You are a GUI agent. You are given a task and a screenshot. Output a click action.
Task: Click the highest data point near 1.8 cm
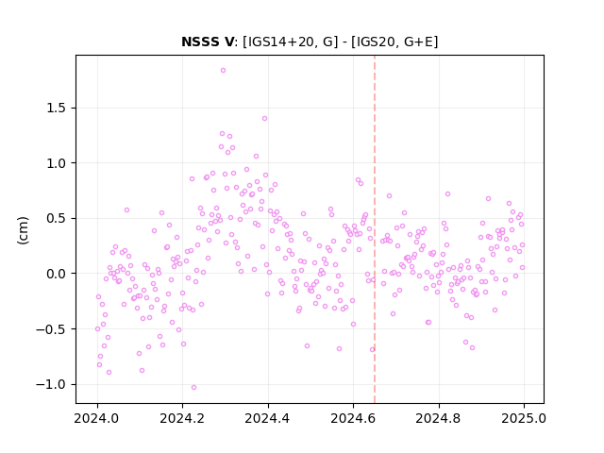[223, 71]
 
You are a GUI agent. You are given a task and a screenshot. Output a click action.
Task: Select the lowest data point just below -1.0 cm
[193, 388]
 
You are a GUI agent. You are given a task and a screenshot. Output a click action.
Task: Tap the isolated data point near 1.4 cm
[264, 119]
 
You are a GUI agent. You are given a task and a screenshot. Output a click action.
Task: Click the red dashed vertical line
[375, 229]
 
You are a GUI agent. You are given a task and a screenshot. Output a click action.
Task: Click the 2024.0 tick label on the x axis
[97, 418]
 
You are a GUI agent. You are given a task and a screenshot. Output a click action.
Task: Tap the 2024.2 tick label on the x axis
[182, 418]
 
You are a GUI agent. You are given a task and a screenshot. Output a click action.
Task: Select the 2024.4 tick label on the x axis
[268, 418]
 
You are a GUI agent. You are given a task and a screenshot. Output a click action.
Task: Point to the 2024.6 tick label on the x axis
[353, 418]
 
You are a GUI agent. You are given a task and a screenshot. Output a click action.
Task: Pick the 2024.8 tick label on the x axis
[438, 418]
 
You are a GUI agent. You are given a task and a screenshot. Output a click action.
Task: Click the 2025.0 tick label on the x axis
[524, 418]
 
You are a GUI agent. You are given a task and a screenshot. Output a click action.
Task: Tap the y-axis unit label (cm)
[23, 230]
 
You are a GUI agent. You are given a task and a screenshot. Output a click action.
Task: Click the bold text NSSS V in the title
[208, 42]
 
